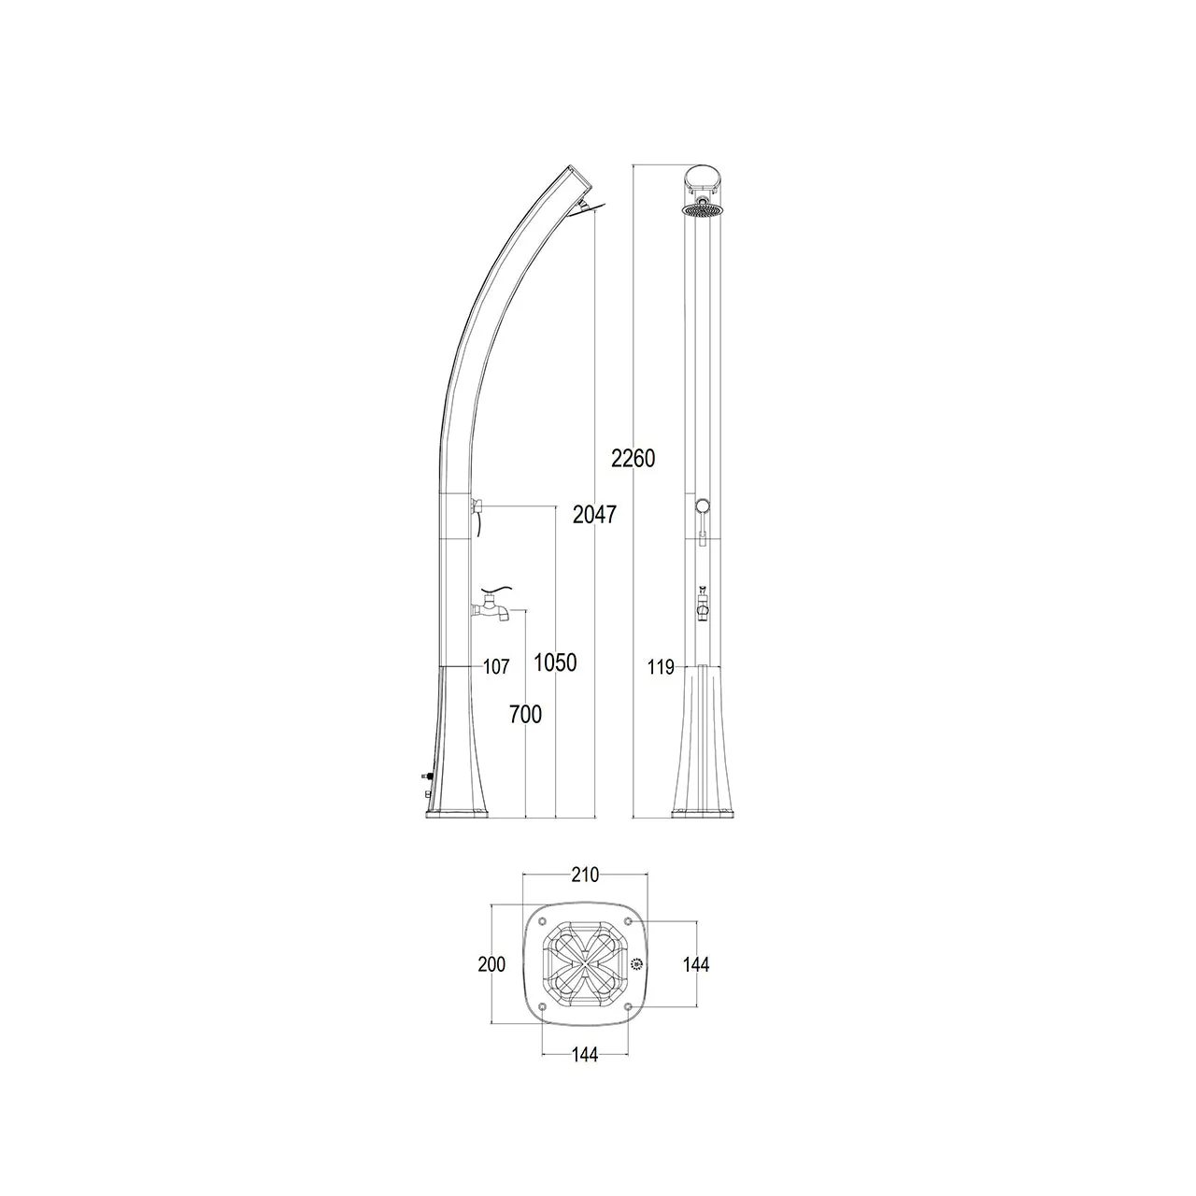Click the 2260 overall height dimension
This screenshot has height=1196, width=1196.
[634, 459]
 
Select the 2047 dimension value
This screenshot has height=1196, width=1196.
[594, 515]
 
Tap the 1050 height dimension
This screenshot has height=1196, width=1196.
[555, 662]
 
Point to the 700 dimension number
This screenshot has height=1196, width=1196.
[526, 715]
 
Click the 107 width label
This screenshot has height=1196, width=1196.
[496, 666]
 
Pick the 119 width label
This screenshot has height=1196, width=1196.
[661, 667]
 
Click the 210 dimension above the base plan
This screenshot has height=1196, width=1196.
[585, 876]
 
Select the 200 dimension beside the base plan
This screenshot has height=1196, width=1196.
[491, 964]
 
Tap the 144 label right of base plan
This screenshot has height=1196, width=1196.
[696, 964]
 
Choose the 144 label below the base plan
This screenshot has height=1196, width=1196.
[585, 1055]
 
